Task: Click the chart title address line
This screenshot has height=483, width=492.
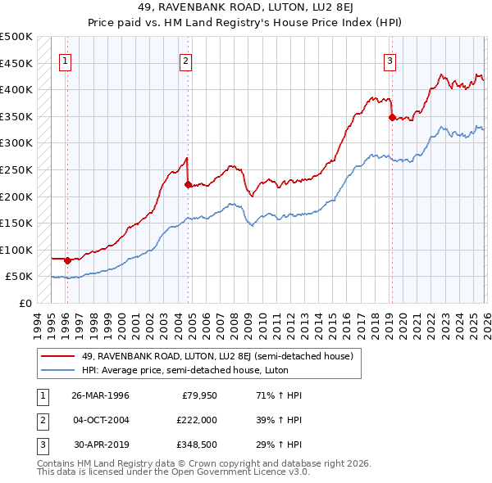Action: (245, 9)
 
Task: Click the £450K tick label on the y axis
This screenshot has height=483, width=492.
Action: (16, 63)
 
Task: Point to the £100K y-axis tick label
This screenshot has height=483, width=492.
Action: (16, 250)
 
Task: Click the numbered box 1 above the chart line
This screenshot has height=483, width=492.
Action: (65, 61)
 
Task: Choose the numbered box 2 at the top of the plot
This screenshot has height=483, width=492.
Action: (186, 61)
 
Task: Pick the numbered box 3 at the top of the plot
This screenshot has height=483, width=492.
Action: (389, 61)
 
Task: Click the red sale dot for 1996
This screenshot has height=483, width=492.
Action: (67, 260)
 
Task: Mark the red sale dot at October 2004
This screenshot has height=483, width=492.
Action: (188, 184)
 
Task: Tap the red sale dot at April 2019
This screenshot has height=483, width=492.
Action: (391, 117)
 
